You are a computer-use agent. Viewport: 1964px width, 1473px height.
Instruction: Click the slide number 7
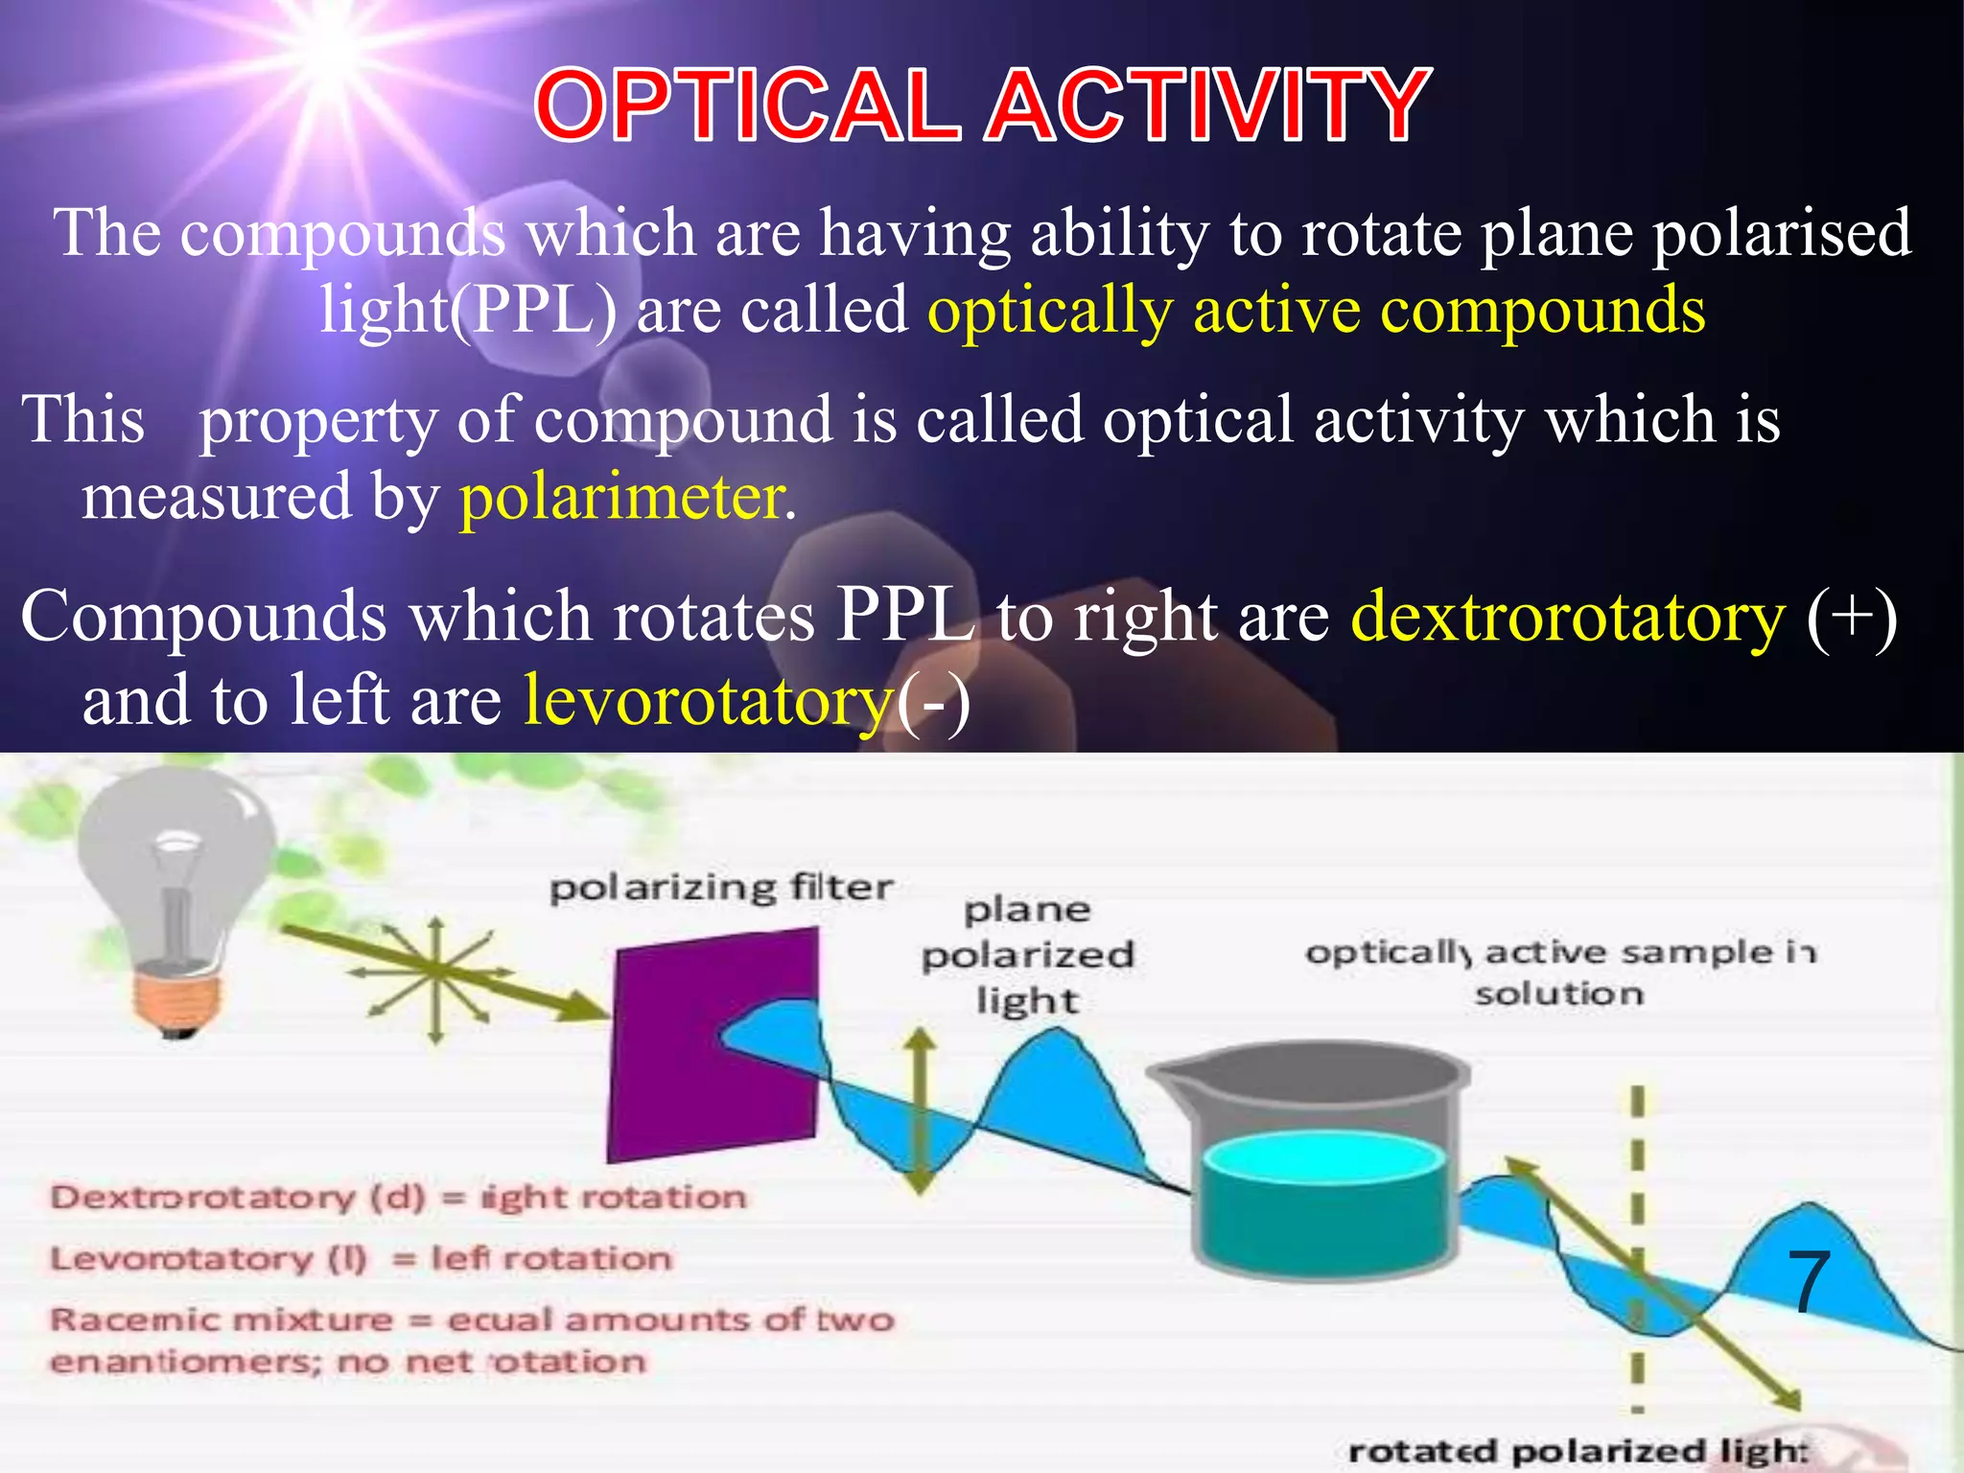(x=1809, y=1283)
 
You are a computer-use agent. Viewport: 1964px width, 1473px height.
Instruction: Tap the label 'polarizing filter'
(x=721, y=888)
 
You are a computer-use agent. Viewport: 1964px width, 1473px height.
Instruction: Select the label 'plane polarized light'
(x=1028, y=954)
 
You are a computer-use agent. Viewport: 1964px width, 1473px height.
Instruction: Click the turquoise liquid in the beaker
(x=1323, y=1199)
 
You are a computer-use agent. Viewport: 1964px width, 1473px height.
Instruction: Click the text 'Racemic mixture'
(x=221, y=1320)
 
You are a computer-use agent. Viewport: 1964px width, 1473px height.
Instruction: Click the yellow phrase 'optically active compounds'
(x=1316, y=311)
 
